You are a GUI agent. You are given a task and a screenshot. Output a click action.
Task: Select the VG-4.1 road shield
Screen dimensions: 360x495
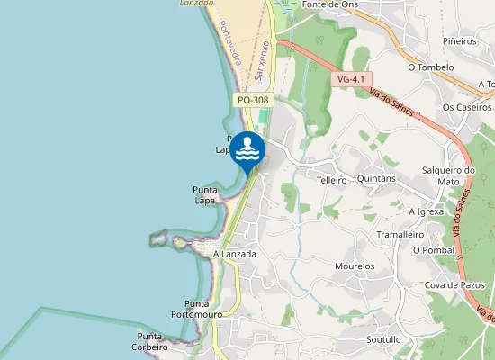[x=351, y=79]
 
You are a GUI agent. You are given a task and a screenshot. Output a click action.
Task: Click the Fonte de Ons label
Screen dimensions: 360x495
[x=332, y=4]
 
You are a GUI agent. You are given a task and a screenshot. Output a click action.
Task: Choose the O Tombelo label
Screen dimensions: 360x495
[x=430, y=67]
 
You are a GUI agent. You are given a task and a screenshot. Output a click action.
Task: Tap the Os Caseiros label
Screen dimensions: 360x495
[x=467, y=107]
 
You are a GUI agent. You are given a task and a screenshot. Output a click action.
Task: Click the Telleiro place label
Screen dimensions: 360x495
[x=331, y=180]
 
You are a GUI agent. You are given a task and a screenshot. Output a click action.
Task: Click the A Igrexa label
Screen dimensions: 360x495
[x=426, y=211]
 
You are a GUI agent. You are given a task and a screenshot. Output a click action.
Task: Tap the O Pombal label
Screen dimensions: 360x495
[x=433, y=249]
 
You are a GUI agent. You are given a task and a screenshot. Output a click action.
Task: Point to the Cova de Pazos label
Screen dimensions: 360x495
[x=455, y=285]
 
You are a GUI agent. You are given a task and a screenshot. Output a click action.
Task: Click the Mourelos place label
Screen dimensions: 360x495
[x=354, y=266]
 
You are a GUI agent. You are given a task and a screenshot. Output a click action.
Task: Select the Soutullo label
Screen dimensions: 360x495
[x=384, y=340]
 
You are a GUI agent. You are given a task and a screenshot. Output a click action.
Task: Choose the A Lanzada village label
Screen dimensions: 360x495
[x=235, y=254]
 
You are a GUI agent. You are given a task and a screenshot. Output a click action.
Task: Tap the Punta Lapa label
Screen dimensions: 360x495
[x=205, y=195]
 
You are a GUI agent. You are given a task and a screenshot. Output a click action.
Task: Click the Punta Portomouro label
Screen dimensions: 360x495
[x=197, y=309]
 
